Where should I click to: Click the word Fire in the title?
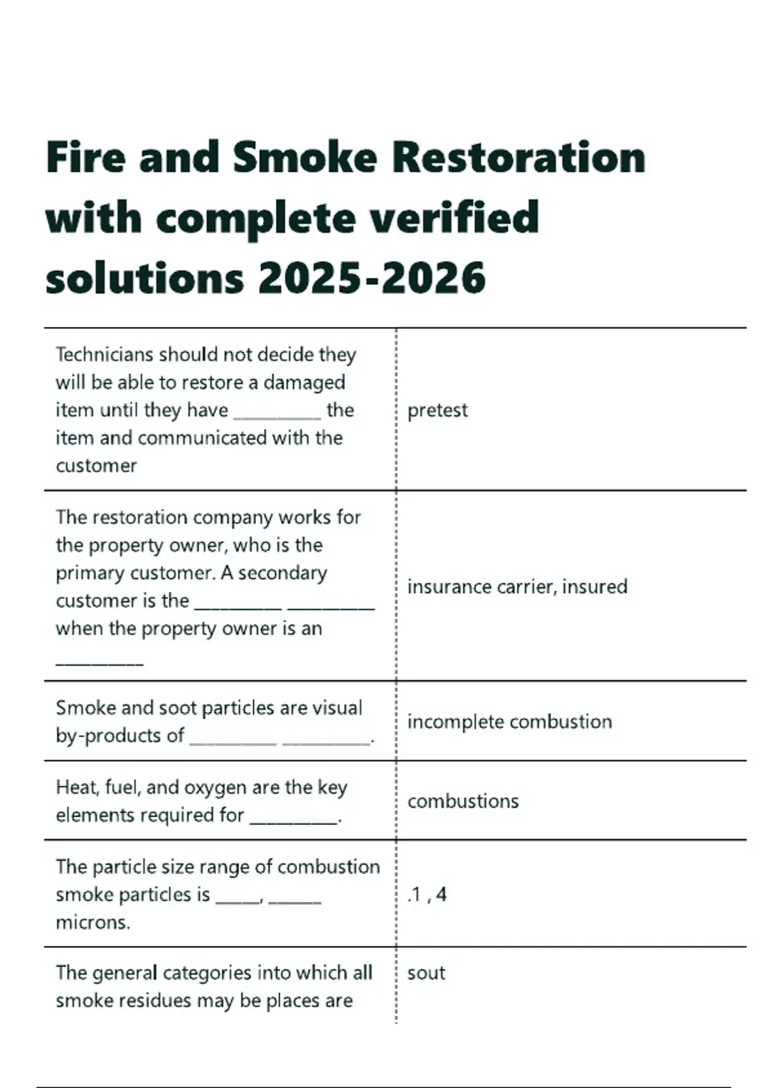click(x=86, y=157)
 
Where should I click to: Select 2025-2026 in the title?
click(x=372, y=278)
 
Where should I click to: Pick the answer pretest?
click(x=438, y=410)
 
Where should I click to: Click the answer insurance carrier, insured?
click(x=517, y=587)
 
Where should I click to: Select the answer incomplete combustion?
click(x=509, y=722)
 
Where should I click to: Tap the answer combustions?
click(x=463, y=801)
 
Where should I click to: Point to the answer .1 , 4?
click(x=427, y=895)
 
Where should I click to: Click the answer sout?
click(x=426, y=973)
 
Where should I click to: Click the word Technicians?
click(x=104, y=355)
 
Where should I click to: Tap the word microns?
click(x=93, y=922)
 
